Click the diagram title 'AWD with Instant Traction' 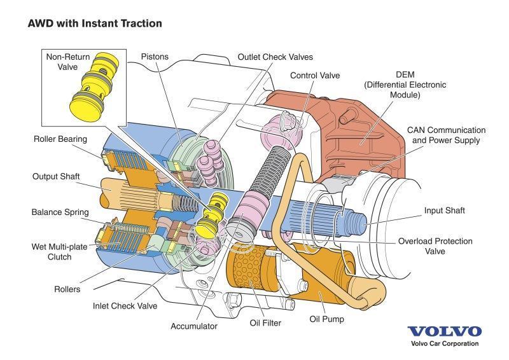(95, 24)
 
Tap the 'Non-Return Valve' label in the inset (68, 62)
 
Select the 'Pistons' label (155, 57)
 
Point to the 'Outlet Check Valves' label (275, 57)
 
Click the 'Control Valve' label (315, 75)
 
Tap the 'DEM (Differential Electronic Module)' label (405, 85)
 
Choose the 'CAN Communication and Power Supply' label (447, 135)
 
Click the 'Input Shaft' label (444, 211)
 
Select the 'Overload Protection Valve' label (435, 246)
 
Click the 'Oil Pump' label (326, 319)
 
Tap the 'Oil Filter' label (265, 323)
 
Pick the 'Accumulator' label (194, 326)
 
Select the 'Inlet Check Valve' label (125, 306)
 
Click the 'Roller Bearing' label (60, 139)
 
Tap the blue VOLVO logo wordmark (445, 331)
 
